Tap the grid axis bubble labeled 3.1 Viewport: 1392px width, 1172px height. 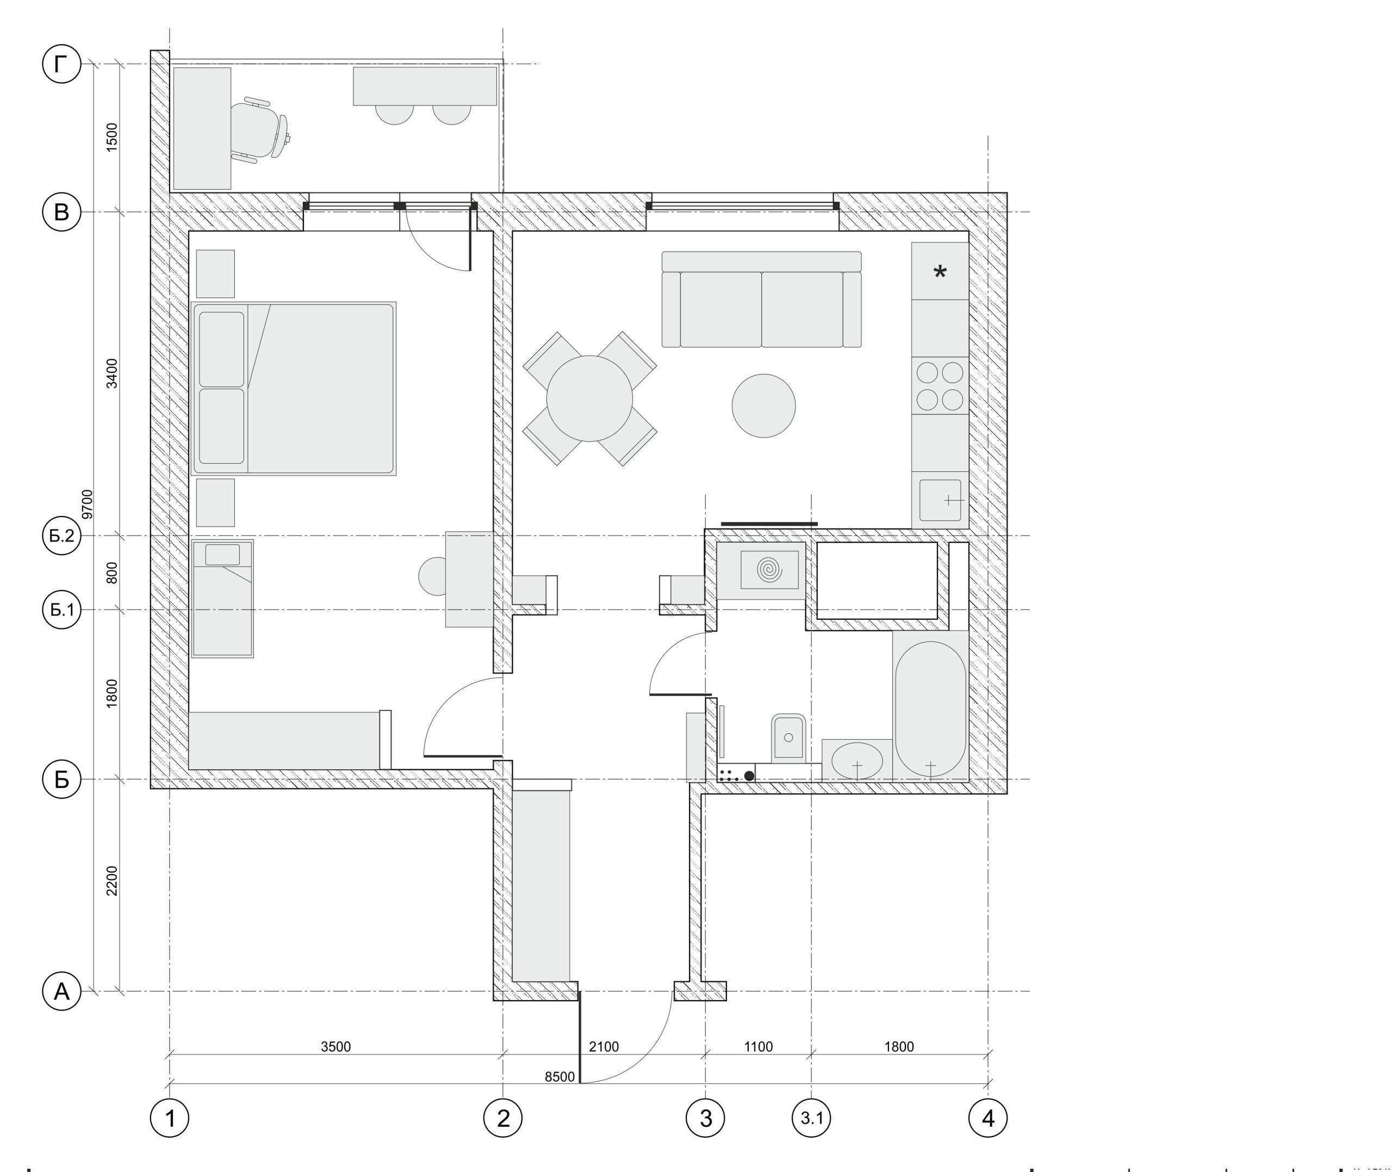(811, 1118)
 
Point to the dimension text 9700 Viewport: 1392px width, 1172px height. (87, 504)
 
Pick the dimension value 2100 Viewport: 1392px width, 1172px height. (604, 1047)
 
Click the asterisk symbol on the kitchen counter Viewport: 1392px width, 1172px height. (940, 272)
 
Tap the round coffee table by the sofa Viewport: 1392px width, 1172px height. (763, 406)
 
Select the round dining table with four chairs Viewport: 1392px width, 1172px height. (589, 398)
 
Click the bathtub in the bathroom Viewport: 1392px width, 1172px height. (930, 709)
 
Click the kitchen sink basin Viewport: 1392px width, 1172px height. (940, 500)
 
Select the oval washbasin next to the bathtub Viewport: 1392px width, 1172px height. (857, 760)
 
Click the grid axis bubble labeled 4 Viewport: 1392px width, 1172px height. (988, 1118)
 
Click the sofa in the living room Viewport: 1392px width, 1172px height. (761, 299)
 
